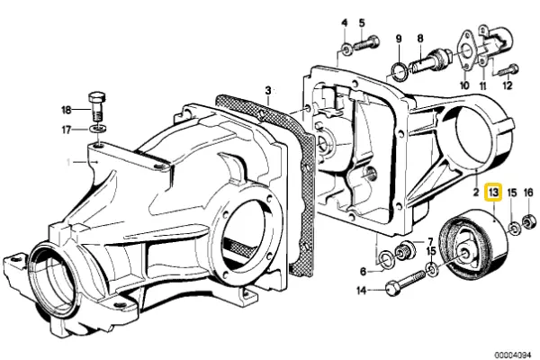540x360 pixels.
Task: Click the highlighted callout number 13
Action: tap(493, 192)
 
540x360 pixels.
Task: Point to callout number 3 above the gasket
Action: tap(267, 90)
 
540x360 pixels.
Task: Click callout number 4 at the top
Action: tap(345, 22)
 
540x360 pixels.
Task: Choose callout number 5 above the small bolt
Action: tap(362, 22)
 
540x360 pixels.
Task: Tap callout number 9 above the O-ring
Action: tap(398, 40)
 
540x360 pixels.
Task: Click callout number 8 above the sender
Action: tap(419, 40)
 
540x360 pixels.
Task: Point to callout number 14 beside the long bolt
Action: tap(362, 290)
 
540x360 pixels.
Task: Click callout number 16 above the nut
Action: tap(528, 193)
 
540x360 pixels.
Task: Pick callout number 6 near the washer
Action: tap(364, 270)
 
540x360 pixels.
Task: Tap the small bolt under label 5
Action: tap(367, 42)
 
